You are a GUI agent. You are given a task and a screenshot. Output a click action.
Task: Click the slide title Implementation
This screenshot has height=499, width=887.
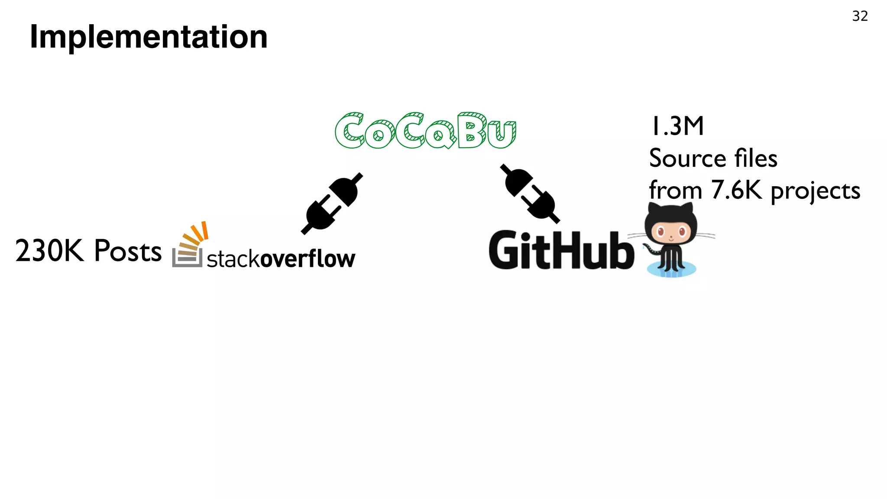(x=149, y=37)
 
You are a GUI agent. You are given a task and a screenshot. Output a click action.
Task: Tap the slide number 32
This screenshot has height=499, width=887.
(x=860, y=16)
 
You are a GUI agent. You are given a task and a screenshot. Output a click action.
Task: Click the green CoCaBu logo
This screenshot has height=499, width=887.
(x=425, y=130)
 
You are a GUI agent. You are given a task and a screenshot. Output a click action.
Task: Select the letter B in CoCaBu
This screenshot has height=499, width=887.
(x=471, y=130)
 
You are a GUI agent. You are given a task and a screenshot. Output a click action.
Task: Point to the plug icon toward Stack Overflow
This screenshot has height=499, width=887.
(x=332, y=203)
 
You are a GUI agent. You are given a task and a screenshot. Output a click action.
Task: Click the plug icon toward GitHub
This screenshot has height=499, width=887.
(x=530, y=193)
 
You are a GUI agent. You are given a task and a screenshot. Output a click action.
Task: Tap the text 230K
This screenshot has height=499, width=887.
(x=49, y=251)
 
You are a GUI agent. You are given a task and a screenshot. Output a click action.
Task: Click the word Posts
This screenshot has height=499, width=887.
(x=128, y=251)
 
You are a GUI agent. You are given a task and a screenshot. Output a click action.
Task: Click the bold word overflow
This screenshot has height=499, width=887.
(x=308, y=259)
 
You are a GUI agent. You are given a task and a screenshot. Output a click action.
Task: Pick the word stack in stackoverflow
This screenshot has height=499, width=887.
(x=233, y=259)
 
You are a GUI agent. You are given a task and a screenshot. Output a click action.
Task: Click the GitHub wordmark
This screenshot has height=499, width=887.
(x=561, y=251)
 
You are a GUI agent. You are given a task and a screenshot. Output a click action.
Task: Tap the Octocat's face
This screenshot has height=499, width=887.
(x=671, y=232)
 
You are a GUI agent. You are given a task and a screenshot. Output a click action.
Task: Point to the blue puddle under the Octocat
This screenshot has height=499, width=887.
(x=671, y=270)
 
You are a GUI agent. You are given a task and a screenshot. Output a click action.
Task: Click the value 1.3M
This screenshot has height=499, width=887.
(x=677, y=126)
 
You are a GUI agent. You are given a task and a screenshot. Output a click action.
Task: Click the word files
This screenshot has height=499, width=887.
(x=756, y=158)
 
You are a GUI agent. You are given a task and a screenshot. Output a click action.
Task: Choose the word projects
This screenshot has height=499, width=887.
(x=815, y=191)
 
